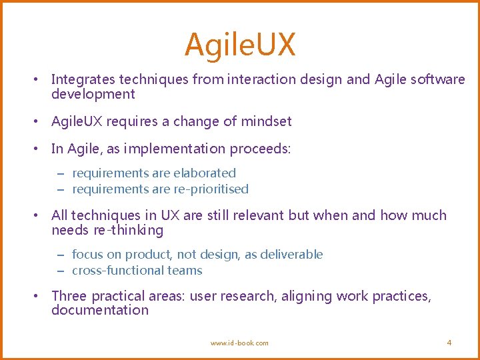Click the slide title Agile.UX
click(240, 45)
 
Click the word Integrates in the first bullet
click(83, 80)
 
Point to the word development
click(93, 95)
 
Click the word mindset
click(266, 121)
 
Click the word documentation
click(99, 311)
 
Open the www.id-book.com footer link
click(239, 343)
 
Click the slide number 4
click(449, 343)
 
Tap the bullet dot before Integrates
click(38, 80)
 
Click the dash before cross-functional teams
click(59, 271)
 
